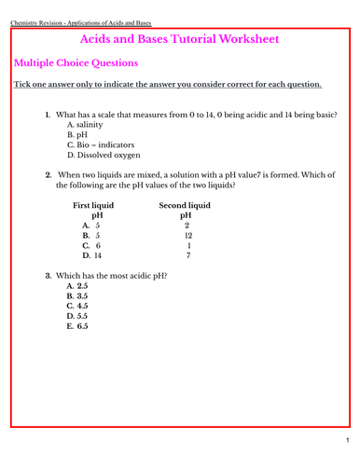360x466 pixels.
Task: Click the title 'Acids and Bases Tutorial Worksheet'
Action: tap(180, 40)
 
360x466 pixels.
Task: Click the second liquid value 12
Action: tap(187, 235)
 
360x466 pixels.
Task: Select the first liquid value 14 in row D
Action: tap(99, 255)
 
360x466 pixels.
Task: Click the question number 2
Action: tap(48, 174)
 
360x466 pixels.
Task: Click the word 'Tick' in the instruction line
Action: tap(22, 85)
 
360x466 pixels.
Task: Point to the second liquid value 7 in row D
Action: tap(187, 255)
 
